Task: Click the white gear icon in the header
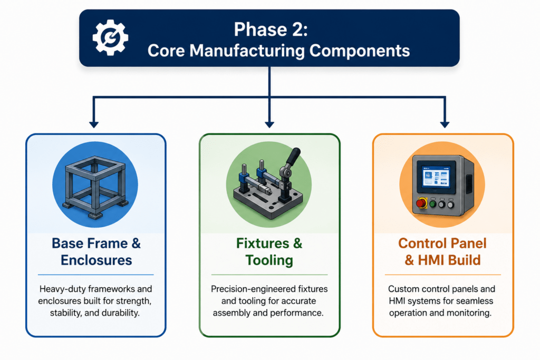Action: (x=110, y=37)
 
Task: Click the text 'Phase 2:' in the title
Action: (x=271, y=30)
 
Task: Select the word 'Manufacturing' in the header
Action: (x=247, y=51)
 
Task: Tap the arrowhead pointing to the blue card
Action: (x=94, y=124)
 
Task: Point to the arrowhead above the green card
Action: (x=269, y=124)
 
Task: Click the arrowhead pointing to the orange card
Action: (x=445, y=124)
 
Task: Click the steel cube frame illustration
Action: (x=95, y=187)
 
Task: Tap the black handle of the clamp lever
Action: (x=293, y=157)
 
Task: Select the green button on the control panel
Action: (x=433, y=204)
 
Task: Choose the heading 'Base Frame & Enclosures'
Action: (x=96, y=251)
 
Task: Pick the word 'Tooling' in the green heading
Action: (x=269, y=260)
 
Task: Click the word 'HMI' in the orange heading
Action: (x=432, y=260)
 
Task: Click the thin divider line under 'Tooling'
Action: (x=269, y=275)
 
